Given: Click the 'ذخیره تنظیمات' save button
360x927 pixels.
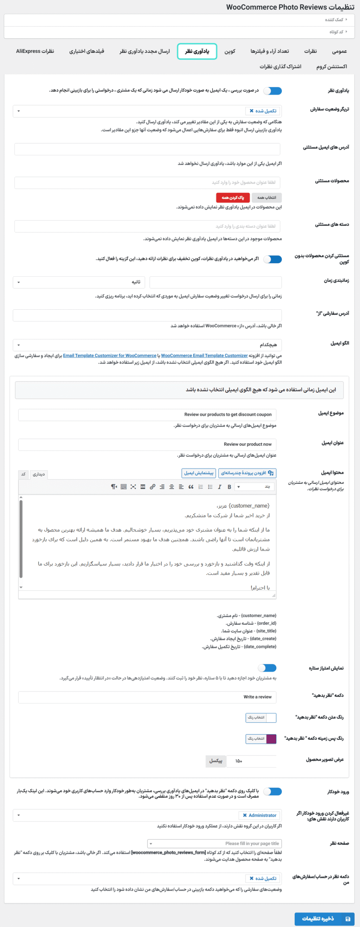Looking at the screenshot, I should [324, 919].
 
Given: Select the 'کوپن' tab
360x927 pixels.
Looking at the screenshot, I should [230, 51].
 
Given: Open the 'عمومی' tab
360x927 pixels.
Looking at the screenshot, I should [339, 51].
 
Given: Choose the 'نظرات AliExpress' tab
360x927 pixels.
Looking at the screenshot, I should [35, 51].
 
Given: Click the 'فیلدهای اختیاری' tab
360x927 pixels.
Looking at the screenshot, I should [87, 51].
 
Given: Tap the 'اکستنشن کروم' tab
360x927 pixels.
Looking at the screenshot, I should [331, 67].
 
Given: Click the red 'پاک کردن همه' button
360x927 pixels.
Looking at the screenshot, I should [233, 198].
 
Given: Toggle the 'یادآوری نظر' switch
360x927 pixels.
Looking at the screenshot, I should [272, 91].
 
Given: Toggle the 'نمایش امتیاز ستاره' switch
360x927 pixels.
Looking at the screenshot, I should [267, 668].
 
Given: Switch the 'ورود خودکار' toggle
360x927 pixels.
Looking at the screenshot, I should [272, 792].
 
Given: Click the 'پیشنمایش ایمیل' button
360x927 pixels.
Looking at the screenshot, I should [198, 473].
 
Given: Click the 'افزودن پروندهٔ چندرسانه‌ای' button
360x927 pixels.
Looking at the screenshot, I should [247, 473].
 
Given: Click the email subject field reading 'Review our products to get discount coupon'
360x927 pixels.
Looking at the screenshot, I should [147, 415].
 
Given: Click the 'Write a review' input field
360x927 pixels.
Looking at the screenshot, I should [147, 697].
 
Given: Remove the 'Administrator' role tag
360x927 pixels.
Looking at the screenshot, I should [245, 815].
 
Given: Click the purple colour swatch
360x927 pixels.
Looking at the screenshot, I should [271, 739].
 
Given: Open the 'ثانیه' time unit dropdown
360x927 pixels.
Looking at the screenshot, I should [79, 282].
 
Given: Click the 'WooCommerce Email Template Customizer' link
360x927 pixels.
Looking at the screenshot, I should [204, 356].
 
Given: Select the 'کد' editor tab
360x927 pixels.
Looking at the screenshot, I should [24, 474].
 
